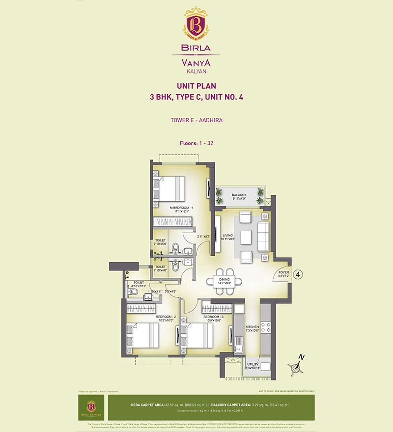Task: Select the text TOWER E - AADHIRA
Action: [x=196, y=119]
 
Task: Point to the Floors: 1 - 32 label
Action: [x=196, y=143]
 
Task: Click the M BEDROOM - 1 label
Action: [x=181, y=208]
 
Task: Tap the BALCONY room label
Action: [x=239, y=195]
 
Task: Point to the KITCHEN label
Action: [x=252, y=326]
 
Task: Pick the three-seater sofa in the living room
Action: [x=263, y=235]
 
